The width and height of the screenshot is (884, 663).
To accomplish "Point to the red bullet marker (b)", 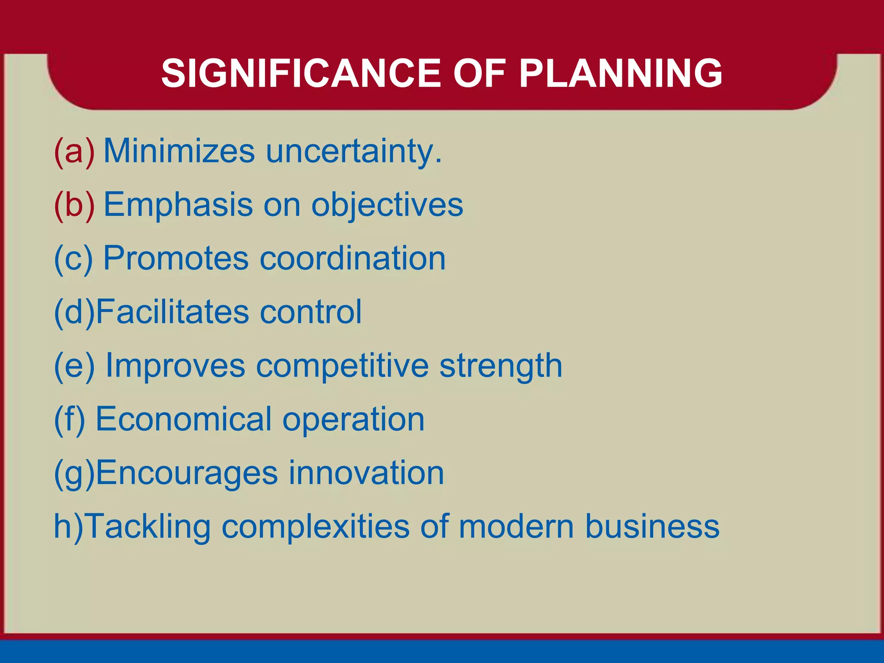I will pyautogui.click(x=74, y=205).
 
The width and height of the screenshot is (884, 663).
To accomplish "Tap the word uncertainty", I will pyautogui.click(x=354, y=152).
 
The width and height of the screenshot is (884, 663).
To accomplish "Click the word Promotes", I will pyautogui.click(x=176, y=258).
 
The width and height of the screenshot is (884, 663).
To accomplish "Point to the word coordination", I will pyautogui.click(x=353, y=258).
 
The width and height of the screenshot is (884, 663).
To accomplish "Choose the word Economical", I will pyautogui.click(x=183, y=419).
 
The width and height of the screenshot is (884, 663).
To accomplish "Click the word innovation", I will pyautogui.click(x=366, y=473).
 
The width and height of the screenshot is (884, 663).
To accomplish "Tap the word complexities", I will pyautogui.click(x=315, y=527).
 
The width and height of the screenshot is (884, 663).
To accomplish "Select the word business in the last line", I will pyautogui.click(x=652, y=526).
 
